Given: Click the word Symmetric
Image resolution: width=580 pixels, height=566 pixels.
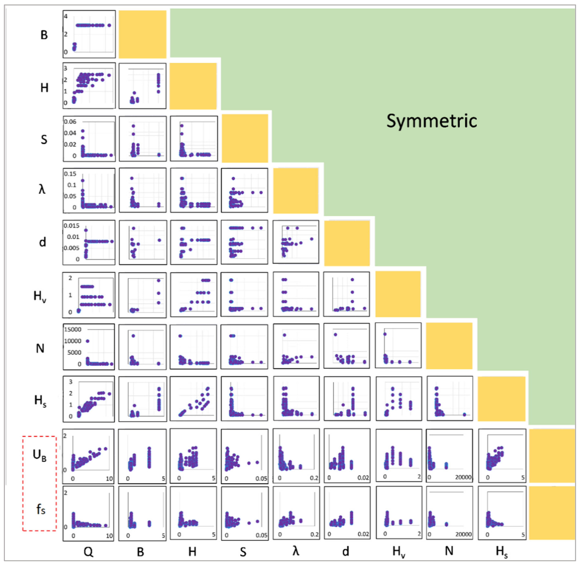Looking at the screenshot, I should [x=431, y=121].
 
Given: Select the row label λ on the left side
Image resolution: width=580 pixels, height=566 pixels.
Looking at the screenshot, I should [x=42, y=189].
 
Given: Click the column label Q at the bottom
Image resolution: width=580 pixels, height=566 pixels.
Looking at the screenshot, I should [x=88, y=552].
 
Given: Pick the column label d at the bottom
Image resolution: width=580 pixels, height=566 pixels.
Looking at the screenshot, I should [x=345, y=552].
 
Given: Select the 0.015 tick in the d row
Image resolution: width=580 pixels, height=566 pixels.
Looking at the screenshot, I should [x=71, y=226].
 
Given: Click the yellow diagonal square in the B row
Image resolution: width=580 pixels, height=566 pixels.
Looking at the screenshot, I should [x=142, y=34].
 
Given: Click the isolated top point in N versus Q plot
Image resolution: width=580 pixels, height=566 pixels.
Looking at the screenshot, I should [x=87, y=341].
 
